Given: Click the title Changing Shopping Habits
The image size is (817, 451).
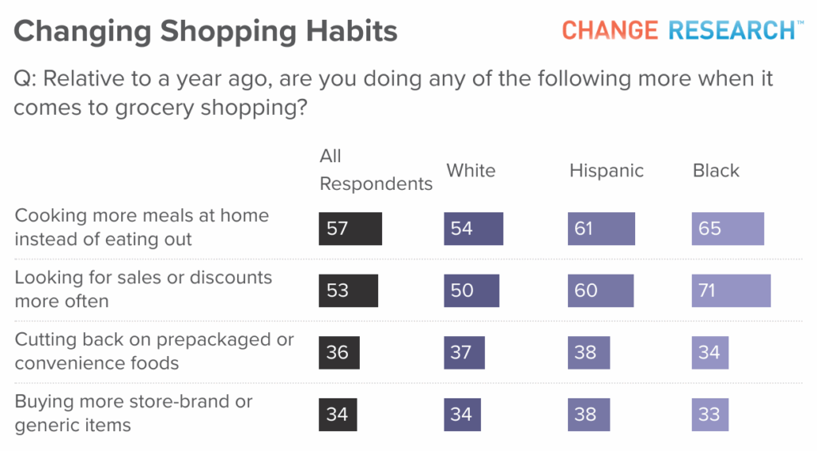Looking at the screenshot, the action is pos(205,32).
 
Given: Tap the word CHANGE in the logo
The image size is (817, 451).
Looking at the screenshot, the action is pos(610,30).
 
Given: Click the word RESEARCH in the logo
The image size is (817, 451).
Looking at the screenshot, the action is pos(732,30).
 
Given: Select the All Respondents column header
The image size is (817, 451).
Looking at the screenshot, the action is pos(376,170).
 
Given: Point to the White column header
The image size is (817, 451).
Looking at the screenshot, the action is pos(471,171).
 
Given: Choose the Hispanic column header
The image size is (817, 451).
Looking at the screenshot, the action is pos(606,171).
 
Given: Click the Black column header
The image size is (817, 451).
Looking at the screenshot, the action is pos(716,171).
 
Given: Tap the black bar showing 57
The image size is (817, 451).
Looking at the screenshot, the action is pos(350,228).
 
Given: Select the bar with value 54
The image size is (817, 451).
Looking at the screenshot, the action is pos(474,228).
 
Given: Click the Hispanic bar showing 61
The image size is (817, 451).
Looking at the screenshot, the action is pos(602,228).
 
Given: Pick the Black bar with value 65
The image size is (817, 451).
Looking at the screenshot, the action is pos(728,228).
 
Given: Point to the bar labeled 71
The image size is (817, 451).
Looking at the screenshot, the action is pos(731,291).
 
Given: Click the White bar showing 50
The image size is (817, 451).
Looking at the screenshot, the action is pos(472,291).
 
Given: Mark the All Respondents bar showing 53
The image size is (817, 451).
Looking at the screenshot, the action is pos(349,291).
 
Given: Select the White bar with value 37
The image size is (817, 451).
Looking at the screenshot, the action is pos(464,353).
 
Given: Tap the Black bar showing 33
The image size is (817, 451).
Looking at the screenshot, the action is pos(710,414).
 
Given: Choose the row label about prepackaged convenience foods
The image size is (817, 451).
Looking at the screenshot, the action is pos(154,351).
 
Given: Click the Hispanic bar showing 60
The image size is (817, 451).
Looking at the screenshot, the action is pos(601,291).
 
